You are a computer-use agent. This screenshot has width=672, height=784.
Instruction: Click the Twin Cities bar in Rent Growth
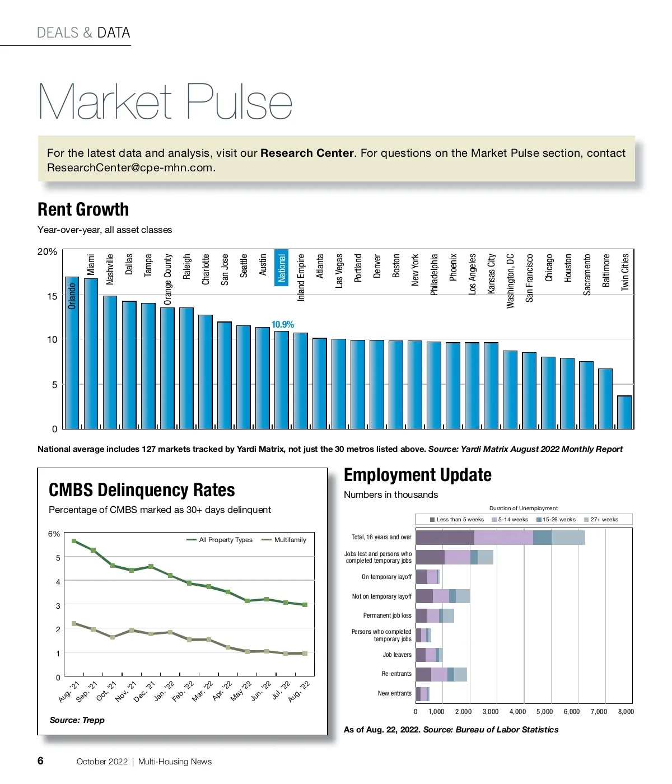[624, 412]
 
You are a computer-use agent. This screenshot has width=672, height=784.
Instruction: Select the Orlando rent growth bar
[72, 353]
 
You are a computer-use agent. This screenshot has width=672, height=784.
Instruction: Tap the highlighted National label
[282, 267]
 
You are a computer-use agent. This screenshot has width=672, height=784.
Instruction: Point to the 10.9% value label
[282, 324]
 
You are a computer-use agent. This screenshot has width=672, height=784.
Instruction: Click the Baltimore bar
[605, 399]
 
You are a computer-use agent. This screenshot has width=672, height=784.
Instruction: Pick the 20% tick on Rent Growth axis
[47, 252]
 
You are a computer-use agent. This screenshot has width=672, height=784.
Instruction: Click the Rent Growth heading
[83, 209]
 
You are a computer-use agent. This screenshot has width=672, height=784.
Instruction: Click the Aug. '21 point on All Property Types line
[74, 541]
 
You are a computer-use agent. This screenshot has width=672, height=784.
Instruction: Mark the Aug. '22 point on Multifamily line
[305, 653]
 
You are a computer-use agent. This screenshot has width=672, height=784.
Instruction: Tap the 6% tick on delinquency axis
[54, 534]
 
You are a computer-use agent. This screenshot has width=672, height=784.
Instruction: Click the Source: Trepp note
[77, 720]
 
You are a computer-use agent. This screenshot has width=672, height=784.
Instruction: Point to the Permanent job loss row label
[387, 615]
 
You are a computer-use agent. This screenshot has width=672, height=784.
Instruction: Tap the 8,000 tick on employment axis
[626, 712]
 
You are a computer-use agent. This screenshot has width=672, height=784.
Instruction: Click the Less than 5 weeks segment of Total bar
[445, 538]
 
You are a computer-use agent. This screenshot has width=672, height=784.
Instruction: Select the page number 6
[40, 760]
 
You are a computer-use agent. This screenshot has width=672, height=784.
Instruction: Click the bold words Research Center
[307, 153]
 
